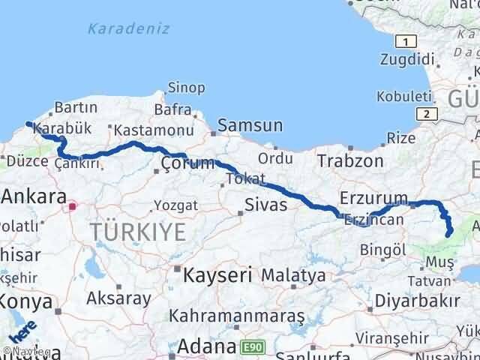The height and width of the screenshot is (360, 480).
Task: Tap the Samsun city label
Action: click(250, 126)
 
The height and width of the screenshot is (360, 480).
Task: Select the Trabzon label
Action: click(350, 160)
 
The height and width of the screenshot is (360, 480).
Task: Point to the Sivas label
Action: click(265, 204)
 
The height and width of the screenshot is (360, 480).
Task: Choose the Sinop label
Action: click(186, 88)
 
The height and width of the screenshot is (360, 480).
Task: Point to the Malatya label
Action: click(293, 274)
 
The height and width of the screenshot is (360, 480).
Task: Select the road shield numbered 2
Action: click(427, 113)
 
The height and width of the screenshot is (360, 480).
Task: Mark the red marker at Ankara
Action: click(72, 205)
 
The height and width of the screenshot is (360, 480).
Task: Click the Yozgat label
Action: click(175, 205)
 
